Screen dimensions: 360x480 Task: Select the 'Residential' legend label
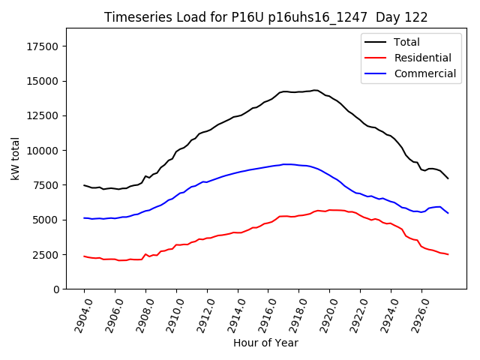coord(422,58)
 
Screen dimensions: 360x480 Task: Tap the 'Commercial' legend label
coord(424,73)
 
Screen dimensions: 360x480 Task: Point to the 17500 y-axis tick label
coord(43,46)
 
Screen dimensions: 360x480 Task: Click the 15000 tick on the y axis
coord(43,81)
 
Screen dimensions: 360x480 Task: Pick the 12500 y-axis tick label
coord(43,115)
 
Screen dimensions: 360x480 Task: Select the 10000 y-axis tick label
coord(43,150)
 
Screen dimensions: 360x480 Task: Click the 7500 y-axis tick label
coord(46,185)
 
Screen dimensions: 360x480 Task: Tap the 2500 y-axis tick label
coord(46,254)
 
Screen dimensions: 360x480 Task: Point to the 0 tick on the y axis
coord(56,289)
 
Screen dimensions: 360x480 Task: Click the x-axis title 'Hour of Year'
coord(265,343)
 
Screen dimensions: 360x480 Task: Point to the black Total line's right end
coord(448,178)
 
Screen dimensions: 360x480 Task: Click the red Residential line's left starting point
coord(84,256)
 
